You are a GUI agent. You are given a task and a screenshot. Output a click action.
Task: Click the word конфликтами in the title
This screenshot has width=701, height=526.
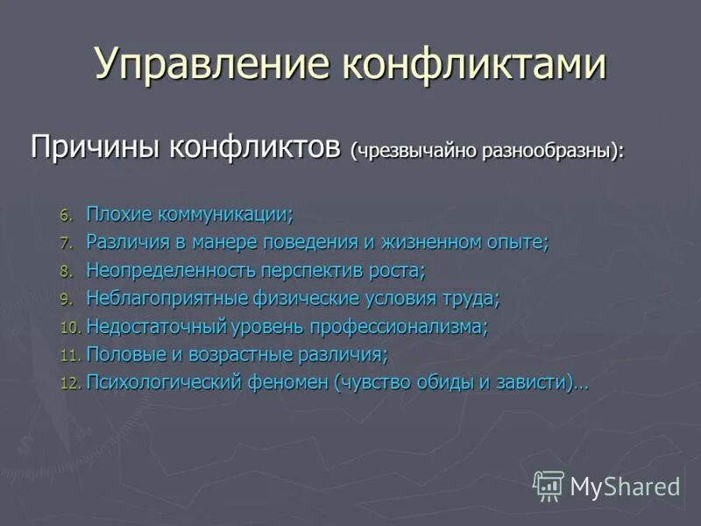coord(472,65)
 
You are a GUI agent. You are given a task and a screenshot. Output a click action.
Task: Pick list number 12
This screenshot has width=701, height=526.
coord(69,384)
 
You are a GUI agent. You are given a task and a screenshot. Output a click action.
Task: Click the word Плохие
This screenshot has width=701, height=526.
coord(118,214)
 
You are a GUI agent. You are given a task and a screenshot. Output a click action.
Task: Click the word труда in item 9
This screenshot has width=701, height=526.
coord(469,298)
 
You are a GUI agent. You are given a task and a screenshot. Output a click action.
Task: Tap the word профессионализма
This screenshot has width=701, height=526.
coord(398,327)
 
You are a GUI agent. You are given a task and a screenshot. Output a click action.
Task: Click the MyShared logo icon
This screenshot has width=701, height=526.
coord(549,485)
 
